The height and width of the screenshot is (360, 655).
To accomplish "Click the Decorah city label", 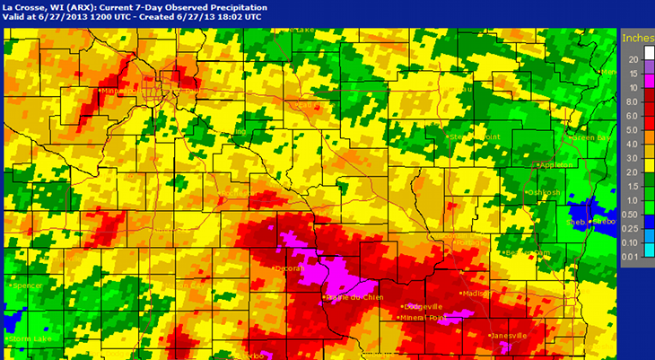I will (289, 268).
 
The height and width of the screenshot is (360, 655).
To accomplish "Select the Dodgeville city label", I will (422, 306).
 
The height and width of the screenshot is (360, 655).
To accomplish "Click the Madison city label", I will (477, 294).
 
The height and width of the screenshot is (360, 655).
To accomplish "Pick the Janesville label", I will (509, 336).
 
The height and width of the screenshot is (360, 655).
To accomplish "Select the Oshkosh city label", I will (545, 192).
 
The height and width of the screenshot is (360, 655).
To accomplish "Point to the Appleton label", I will (555, 165).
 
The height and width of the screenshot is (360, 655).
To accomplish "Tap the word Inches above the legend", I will (636, 38).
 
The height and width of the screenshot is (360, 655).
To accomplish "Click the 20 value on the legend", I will (633, 59).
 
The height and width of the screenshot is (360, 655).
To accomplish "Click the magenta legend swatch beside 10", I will (648, 87).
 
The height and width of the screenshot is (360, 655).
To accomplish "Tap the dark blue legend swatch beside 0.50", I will (648, 214).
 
